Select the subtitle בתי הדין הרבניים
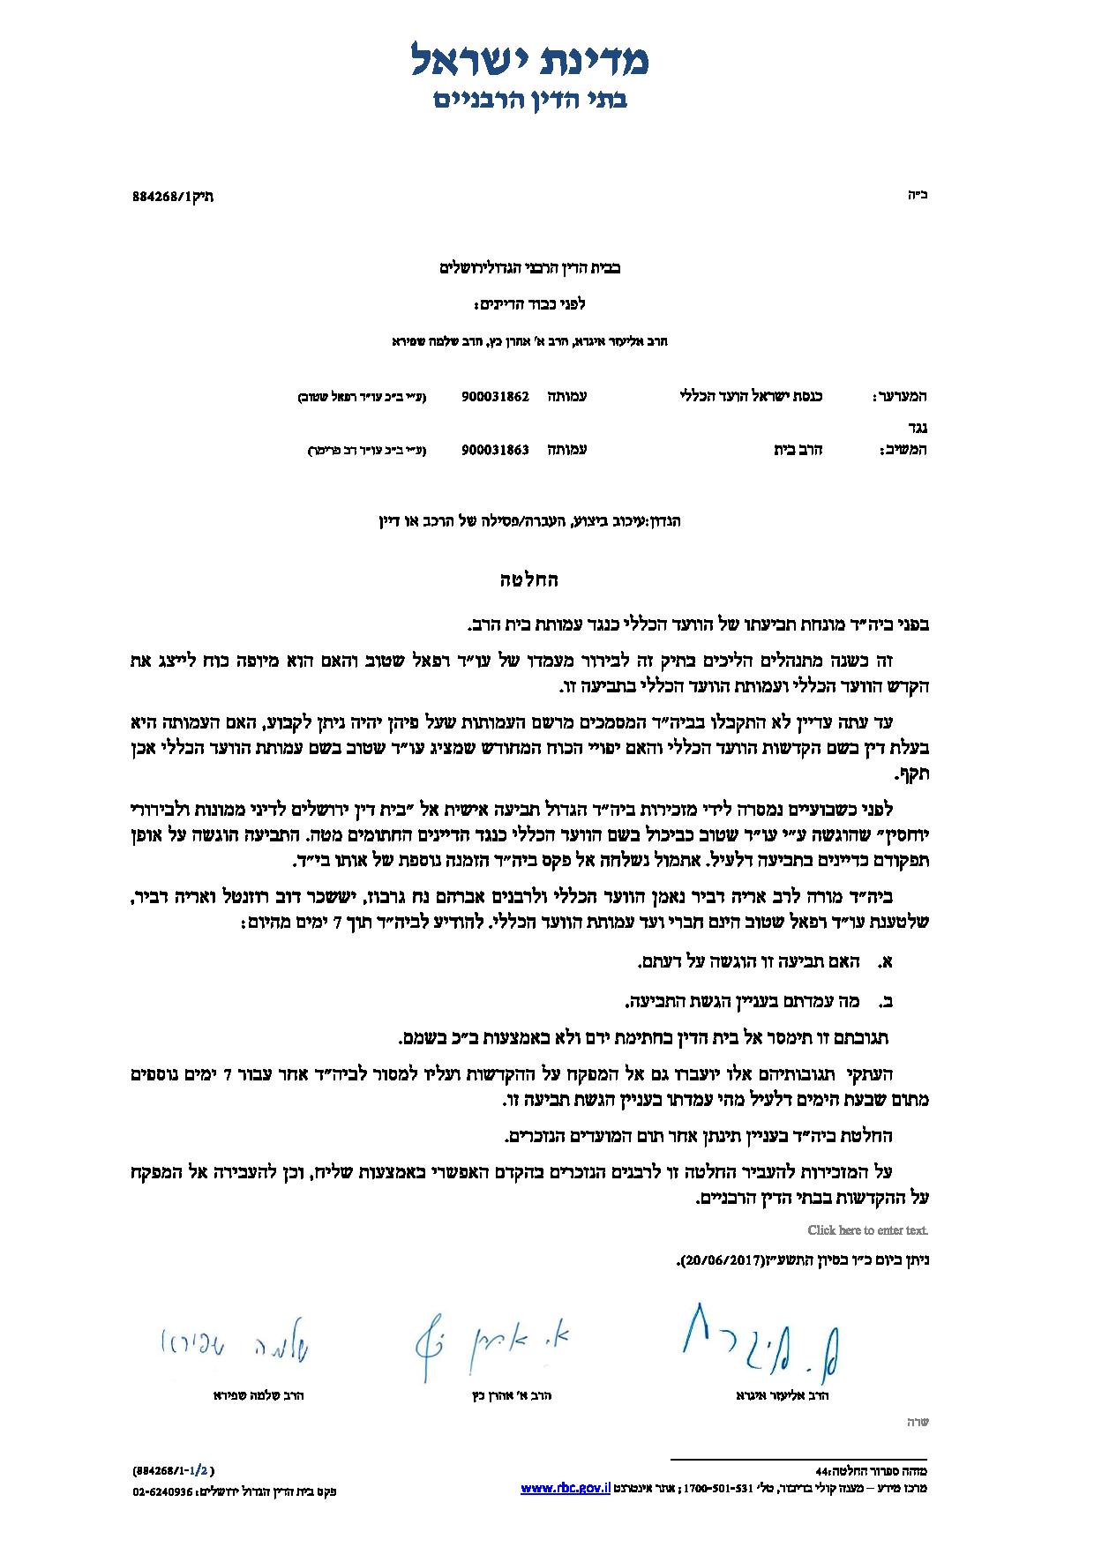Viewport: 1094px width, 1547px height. pos(530,99)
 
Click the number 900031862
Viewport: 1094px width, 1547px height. pos(495,397)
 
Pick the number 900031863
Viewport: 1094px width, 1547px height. pos(495,450)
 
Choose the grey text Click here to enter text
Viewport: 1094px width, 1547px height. pos(867,1229)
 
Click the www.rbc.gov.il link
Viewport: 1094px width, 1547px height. pos(566,1488)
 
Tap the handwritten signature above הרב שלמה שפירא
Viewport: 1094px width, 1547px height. pos(234,1347)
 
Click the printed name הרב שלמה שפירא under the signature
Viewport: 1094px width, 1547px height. pos(259,1396)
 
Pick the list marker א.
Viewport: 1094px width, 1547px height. pos(887,962)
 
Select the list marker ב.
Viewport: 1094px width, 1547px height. pos(887,1002)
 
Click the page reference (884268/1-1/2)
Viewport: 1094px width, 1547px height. pos(174,1470)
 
